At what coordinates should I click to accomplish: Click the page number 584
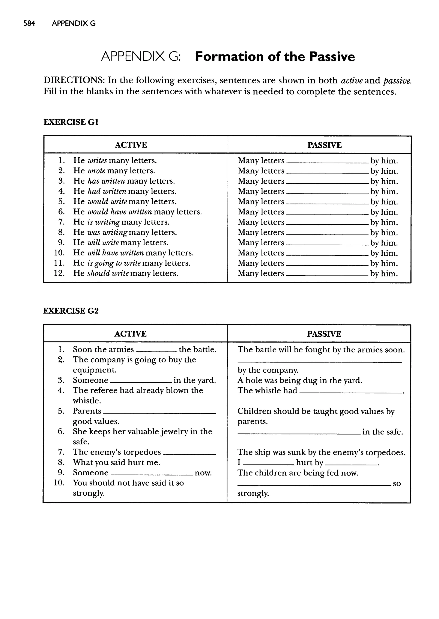coord(29,24)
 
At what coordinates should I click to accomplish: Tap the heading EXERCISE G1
coord(71,122)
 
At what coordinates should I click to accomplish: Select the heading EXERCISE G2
coord(71,311)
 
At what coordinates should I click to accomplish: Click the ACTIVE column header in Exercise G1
coord(131,145)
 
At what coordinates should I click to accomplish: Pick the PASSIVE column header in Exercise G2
coord(324,334)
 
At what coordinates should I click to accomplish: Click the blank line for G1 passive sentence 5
coord(327,203)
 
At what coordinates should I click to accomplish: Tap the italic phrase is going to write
coord(114,263)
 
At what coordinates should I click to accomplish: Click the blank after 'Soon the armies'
coord(156,351)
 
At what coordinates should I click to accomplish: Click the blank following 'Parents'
coord(159,413)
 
